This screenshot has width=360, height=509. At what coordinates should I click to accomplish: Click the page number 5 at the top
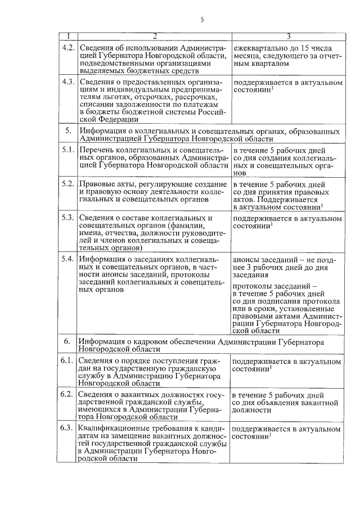[201, 21]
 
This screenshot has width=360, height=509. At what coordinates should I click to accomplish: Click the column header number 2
[154, 37]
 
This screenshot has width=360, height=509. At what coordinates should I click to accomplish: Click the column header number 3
[287, 37]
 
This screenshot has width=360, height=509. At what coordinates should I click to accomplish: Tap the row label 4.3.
[67, 82]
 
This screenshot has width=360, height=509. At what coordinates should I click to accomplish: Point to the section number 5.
[67, 130]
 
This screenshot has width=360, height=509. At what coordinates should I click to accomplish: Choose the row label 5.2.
[67, 184]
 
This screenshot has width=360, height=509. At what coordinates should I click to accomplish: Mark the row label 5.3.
[67, 218]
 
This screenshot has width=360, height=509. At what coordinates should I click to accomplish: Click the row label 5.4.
[67, 259]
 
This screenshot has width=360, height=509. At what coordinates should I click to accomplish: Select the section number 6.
[67, 341]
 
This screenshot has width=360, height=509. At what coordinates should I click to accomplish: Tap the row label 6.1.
[67, 361]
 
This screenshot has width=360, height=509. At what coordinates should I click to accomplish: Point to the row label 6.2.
[67, 395]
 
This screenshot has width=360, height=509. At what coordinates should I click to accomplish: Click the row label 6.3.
[67, 429]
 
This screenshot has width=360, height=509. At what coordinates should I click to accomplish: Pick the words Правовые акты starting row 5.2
[105, 184]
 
